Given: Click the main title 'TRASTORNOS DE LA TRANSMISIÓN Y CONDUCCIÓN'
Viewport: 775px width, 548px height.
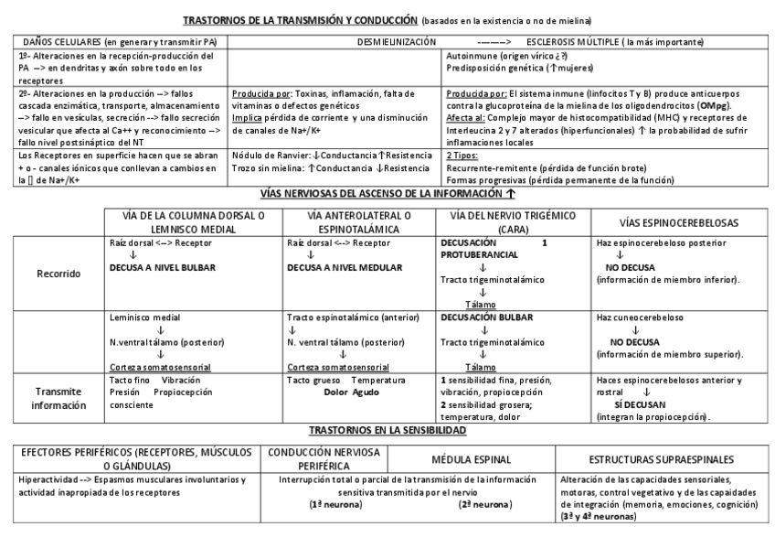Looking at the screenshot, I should coord(301,19).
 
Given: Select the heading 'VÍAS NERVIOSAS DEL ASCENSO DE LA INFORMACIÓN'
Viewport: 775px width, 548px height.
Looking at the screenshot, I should coord(377,195).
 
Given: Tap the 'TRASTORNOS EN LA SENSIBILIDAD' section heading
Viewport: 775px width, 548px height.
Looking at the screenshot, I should coord(387,429).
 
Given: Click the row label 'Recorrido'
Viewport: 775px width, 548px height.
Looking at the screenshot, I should coord(60,273).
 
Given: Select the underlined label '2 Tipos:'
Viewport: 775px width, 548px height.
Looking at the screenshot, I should coord(463,156).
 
